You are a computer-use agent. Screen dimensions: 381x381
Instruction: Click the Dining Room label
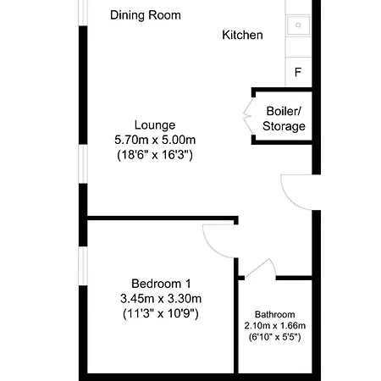[x=146, y=15]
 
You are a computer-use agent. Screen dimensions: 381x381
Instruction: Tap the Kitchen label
[x=242, y=36]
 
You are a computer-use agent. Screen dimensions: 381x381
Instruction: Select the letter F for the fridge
[x=297, y=72]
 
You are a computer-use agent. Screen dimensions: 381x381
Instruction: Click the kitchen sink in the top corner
[x=298, y=26]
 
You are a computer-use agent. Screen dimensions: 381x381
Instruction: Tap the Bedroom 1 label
[x=160, y=283]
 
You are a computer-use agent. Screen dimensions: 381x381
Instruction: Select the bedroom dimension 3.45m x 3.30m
[x=160, y=298]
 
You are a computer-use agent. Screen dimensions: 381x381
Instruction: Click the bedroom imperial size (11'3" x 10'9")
[x=160, y=313]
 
